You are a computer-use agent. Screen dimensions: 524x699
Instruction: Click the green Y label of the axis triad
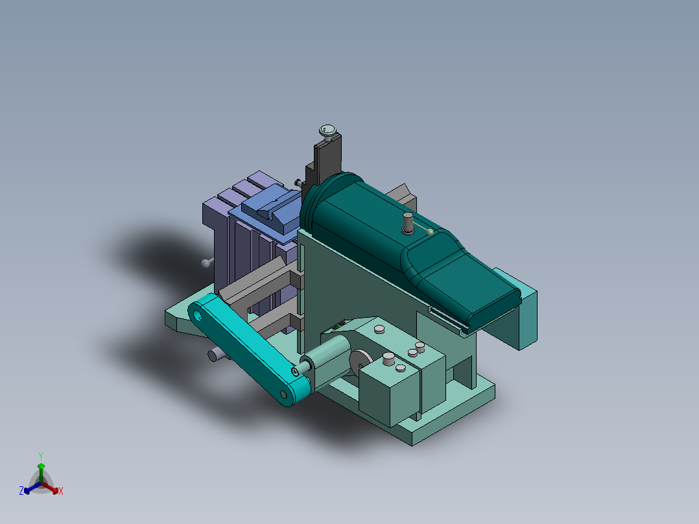(40, 455)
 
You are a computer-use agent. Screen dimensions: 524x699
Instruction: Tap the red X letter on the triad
(61, 492)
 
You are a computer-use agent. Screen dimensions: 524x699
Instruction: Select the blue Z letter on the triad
(21, 492)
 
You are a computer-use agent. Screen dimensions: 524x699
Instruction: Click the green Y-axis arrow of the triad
(41, 470)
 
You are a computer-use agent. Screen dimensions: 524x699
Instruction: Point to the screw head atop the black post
(329, 132)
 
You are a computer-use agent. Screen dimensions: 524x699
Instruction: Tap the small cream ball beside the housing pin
(431, 232)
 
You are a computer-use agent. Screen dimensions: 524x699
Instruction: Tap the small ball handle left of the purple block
(206, 263)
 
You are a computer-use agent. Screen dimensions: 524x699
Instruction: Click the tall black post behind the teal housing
(327, 162)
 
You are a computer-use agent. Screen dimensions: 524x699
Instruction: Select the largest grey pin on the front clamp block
(389, 359)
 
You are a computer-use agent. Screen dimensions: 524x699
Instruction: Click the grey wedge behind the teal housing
(401, 193)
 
